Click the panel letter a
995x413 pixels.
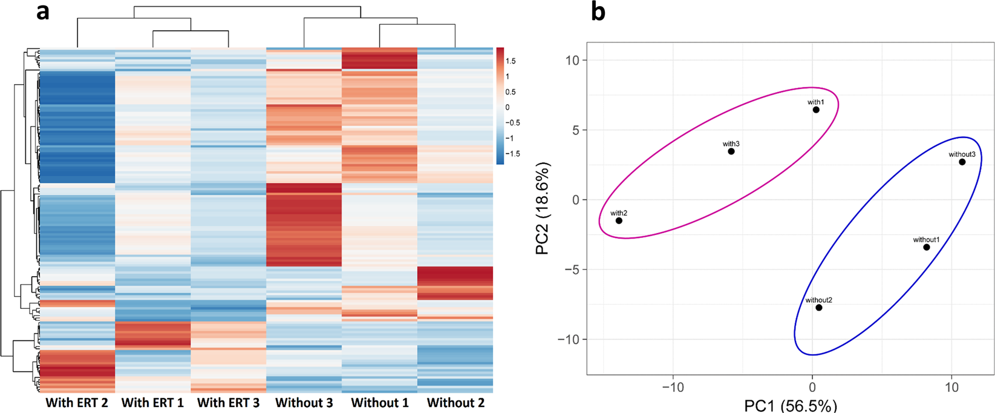click(x=42, y=12)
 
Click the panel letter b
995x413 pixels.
click(x=598, y=12)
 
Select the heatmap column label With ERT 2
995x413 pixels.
click(x=77, y=403)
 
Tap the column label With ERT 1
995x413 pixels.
click(x=152, y=403)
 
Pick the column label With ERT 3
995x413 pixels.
click(x=228, y=403)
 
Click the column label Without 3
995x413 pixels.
click(x=304, y=403)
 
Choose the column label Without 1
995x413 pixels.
click(x=380, y=403)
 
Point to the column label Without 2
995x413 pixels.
click(x=455, y=403)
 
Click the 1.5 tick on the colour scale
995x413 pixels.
click(x=511, y=61)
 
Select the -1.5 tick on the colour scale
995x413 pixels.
click(x=512, y=154)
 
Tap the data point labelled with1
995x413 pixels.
click(x=816, y=110)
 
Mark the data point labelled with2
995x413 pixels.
click(x=619, y=220)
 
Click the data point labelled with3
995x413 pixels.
click(x=731, y=151)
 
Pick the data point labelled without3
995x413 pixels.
click(x=962, y=162)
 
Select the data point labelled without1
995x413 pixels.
click(x=926, y=247)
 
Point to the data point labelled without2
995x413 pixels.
click(x=819, y=308)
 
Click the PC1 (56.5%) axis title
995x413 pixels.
click(x=791, y=405)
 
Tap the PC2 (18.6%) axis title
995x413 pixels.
click(x=543, y=208)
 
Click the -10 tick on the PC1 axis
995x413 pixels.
click(x=672, y=386)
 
